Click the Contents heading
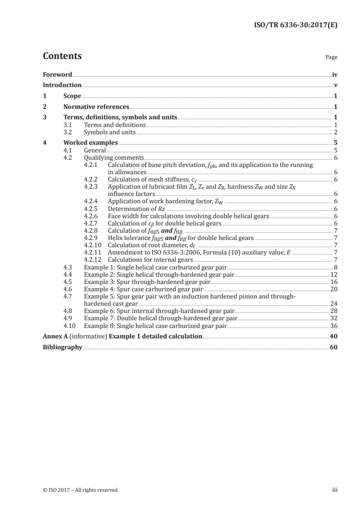click(x=62, y=56)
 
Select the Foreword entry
click(x=57, y=74)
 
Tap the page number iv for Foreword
click(x=335, y=74)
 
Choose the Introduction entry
click(x=62, y=85)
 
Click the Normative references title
click(x=96, y=107)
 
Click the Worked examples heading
click(x=90, y=143)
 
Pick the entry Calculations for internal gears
click(x=150, y=259)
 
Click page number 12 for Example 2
click(x=334, y=274)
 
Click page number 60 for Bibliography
click(x=334, y=347)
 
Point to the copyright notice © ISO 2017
click(x=80, y=490)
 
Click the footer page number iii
click(x=335, y=490)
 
